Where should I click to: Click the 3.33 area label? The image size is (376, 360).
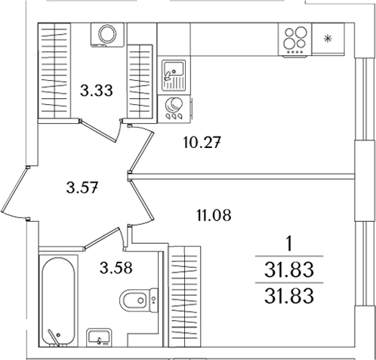pyautogui.click(x=96, y=93)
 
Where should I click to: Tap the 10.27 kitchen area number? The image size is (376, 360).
pyautogui.click(x=202, y=141)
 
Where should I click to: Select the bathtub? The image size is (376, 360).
pyautogui.click(x=57, y=301)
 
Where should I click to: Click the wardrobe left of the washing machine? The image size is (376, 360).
pyautogui.click(x=54, y=70)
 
